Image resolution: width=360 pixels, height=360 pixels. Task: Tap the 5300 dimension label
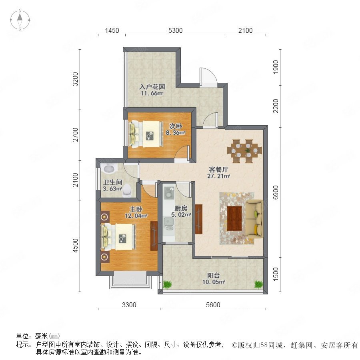(176, 30)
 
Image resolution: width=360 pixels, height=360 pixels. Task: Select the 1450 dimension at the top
(112, 30)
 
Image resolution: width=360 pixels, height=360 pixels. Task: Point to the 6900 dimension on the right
(276, 192)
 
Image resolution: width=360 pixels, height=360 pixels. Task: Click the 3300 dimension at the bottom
(129, 305)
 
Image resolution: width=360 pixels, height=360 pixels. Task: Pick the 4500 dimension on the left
(75, 246)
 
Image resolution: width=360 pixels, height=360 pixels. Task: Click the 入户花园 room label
(152, 87)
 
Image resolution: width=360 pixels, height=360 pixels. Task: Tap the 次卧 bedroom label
(176, 126)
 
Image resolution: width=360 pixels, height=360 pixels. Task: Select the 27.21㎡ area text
(218, 176)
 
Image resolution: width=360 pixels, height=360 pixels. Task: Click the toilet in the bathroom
(127, 190)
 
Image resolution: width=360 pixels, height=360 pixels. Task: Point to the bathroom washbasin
(109, 169)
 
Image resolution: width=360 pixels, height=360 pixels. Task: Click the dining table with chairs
(244, 151)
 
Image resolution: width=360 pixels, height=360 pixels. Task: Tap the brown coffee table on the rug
(234, 218)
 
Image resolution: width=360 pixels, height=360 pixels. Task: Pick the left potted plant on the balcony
(167, 284)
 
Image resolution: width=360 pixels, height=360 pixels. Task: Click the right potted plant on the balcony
(258, 284)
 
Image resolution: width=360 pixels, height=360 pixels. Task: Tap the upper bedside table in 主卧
(105, 216)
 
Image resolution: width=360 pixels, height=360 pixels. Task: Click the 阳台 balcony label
(214, 275)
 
